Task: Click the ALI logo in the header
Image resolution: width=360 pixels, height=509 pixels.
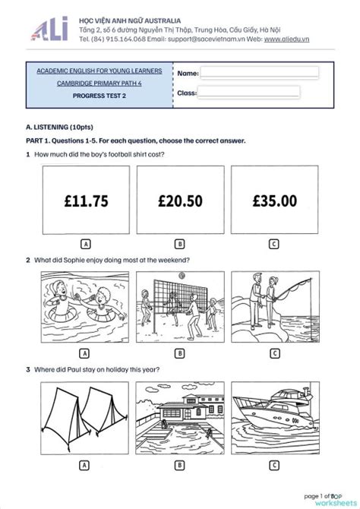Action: (49, 29)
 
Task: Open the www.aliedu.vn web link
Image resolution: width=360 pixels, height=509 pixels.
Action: (286, 40)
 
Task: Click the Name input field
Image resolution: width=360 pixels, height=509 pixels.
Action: (260, 72)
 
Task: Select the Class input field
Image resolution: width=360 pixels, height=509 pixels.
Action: (248, 92)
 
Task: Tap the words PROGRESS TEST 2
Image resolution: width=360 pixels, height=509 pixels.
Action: (99, 96)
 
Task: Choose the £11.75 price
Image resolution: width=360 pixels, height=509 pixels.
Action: (86, 201)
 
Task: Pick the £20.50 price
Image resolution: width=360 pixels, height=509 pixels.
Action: (180, 201)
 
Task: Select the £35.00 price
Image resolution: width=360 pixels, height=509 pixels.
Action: (275, 201)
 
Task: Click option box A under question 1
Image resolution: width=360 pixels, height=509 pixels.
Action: (86, 244)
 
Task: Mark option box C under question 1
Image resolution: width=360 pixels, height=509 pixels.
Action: (274, 244)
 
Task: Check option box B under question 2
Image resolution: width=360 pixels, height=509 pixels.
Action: (179, 353)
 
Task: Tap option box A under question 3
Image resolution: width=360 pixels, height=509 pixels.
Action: (84, 466)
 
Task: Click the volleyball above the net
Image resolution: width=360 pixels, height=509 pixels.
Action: (182, 276)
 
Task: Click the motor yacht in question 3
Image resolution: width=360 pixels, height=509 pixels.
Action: (273, 408)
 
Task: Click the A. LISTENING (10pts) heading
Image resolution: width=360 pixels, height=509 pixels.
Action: (59, 128)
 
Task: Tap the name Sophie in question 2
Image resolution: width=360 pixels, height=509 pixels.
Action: (74, 260)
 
